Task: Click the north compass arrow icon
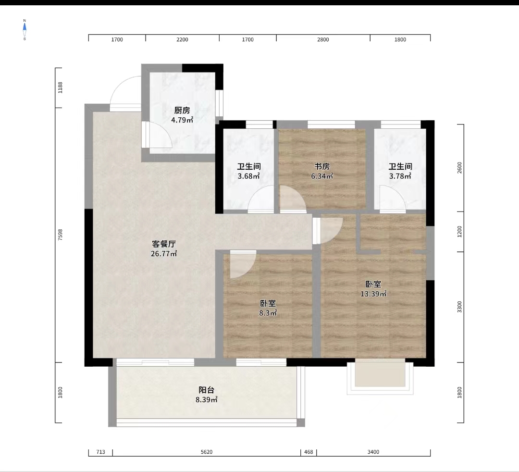(25, 30)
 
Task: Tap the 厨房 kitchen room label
(182, 110)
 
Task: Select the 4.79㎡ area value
(182, 120)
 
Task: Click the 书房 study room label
(321, 166)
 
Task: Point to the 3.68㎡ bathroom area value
(248, 176)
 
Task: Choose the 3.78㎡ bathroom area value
(400, 176)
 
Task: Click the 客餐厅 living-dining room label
(164, 244)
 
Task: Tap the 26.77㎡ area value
(164, 254)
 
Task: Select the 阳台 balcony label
(207, 390)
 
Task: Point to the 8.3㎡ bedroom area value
(268, 313)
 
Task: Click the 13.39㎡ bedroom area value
(373, 294)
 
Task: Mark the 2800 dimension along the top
(323, 40)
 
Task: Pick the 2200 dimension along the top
(182, 40)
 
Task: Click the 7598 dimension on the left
(60, 235)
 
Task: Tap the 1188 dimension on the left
(60, 87)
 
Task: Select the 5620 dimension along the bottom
(207, 452)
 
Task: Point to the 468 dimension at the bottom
(309, 452)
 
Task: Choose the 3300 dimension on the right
(459, 307)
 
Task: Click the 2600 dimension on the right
(459, 168)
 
